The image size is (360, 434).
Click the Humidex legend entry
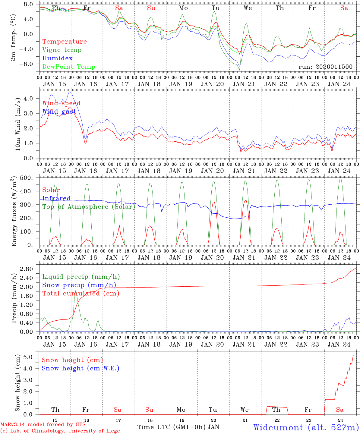[57, 58]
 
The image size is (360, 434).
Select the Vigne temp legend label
[62, 50]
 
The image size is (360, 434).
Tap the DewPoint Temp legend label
[69, 67]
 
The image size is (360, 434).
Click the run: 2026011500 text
[325, 67]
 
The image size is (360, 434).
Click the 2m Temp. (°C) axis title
[14, 38]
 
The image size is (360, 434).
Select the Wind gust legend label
[59, 112]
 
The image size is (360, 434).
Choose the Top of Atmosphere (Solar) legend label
[88, 207]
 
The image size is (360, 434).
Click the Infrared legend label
[56, 198]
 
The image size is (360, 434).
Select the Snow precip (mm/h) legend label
[79, 285]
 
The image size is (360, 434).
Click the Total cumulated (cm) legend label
[81, 294]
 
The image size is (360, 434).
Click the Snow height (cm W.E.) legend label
[81, 368]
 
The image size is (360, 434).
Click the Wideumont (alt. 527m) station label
[306, 427]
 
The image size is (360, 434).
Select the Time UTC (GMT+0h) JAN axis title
[178, 427]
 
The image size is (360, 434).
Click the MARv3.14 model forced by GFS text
[43, 425]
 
